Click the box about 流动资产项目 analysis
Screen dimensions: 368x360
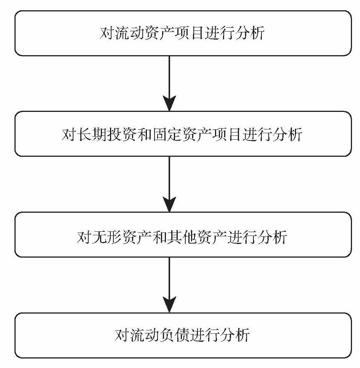tap(183, 33)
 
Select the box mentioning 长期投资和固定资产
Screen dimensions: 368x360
tap(183, 134)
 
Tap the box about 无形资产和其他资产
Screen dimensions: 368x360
tap(183, 235)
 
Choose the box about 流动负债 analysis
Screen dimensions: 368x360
tap(183, 335)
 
